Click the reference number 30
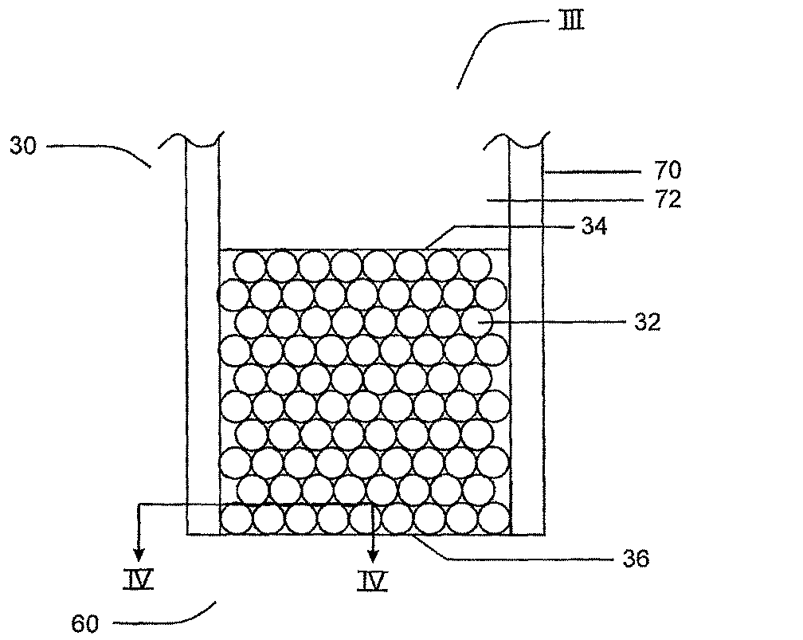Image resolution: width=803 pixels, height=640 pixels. [x=24, y=146]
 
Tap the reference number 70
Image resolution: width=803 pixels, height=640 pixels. [x=668, y=170]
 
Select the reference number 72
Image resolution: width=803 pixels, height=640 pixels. [x=668, y=199]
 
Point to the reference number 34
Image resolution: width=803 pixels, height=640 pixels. [x=594, y=226]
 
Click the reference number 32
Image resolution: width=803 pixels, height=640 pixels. [x=648, y=322]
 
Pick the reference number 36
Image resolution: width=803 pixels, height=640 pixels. [x=636, y=559]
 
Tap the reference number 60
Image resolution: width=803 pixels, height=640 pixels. [x=84, y=623]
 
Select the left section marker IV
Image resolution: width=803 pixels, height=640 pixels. [x=139, y=580]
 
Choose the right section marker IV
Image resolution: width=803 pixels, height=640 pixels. [x=372, y=581]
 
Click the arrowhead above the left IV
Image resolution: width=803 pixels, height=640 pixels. [x=139, y=554]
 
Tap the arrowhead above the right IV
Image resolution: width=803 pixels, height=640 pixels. [x=374, y=555]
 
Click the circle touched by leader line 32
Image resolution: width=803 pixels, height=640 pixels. [x=476, y=322]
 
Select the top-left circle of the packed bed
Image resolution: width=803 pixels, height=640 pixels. [x=250, y=266]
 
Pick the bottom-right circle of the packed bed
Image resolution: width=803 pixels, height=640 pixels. [x=496, y=518]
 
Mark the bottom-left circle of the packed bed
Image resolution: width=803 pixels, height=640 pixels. [x=236, y=519]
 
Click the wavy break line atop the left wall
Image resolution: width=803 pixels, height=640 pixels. [x=191, y=140]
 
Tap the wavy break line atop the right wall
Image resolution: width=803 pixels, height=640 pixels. [x=517, y=140]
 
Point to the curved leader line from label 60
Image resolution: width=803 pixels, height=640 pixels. [x=169, y=621]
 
